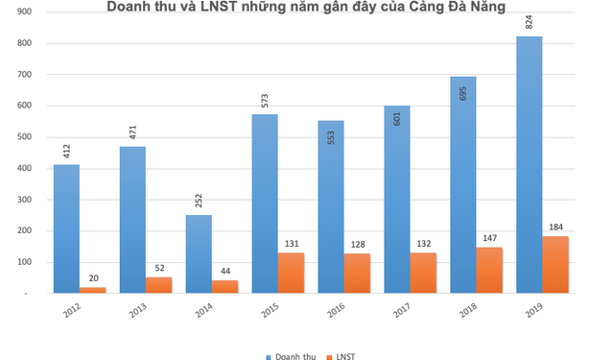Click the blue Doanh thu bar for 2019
point(529,164)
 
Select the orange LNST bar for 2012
point(93,289)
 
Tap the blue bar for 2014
point(198,253)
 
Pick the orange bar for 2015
point(291,273)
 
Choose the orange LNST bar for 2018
point(489,270)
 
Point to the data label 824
point(529,23)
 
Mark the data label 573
point(264,100)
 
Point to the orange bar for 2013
point(158,285)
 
